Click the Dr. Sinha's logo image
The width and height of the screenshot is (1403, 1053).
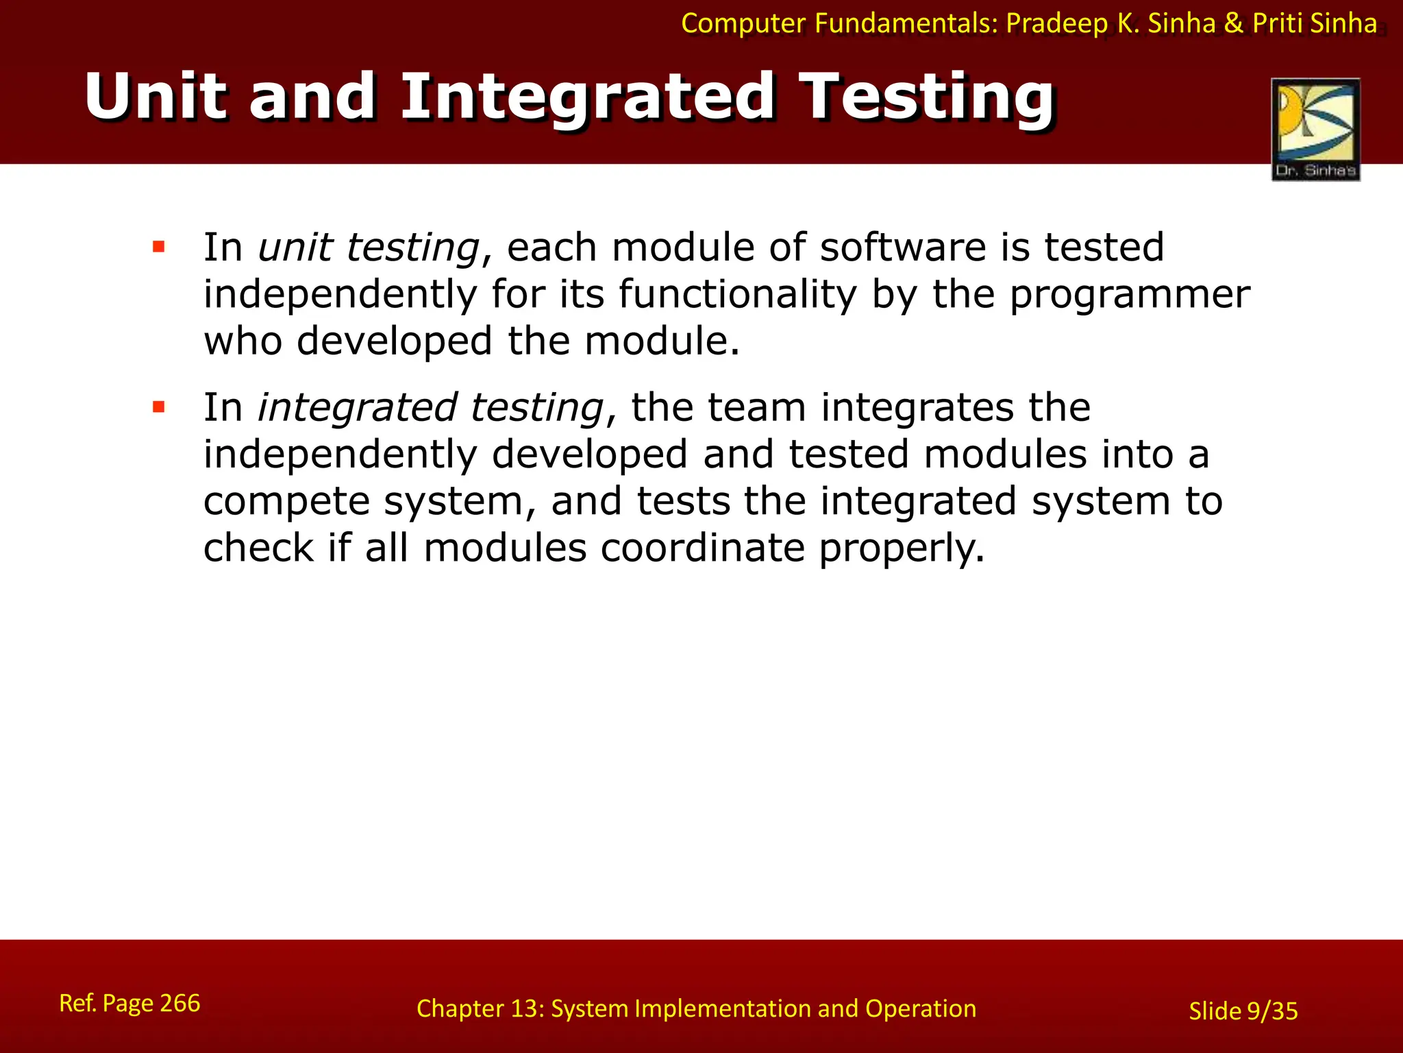[x=1315, y=129]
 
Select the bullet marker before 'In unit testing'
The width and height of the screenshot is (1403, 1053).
[x=159, y=247]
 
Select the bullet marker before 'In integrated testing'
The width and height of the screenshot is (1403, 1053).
[x=159, y=407]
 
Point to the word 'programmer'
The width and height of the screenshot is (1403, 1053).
[x=1130, y=295]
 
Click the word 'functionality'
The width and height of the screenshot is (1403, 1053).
[x=737, y=295]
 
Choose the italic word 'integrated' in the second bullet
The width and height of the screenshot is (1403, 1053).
[x=356, y=407]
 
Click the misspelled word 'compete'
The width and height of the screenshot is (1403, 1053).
[x=286, y=502]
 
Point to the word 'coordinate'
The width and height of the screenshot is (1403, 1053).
[x=702, y=548]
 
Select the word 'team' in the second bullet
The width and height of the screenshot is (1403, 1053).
[x=756, y=407]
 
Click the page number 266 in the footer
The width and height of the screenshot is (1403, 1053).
[x=180, y=1003]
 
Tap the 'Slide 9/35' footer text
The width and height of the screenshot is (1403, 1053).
[x=1243, y=1011]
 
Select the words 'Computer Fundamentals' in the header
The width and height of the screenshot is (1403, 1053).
[x=840, y=24]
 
